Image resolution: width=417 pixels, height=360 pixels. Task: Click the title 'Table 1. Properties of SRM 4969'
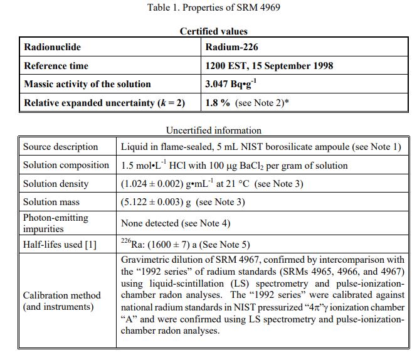(214, 8)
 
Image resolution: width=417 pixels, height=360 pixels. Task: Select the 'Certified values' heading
(214, 31)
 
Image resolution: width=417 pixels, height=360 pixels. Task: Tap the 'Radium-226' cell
(231, 47)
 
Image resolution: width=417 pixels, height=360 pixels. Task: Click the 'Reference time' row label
(56, 66)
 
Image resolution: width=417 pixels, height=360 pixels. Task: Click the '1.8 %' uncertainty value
(218, 103)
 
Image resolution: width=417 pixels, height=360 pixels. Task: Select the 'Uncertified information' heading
(214, 130)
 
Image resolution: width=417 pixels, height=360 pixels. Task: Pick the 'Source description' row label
(61, 147)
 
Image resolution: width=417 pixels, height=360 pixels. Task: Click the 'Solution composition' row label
(66, 165)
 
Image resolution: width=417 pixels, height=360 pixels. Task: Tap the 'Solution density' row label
(56, 184)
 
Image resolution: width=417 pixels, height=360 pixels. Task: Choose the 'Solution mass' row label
(52, 202)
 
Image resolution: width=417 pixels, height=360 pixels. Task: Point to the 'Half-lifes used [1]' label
(60, 244)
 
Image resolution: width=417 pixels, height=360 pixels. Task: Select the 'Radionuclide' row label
(52, 47)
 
